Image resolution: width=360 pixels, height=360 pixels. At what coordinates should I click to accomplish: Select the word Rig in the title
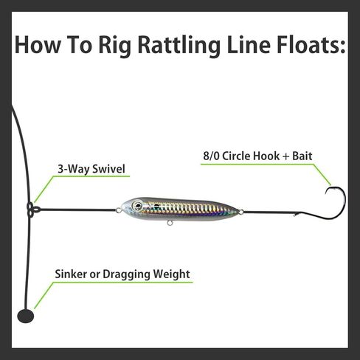[x=115, y=46]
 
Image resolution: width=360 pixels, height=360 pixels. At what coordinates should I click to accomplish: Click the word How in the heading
[x=38, y=45]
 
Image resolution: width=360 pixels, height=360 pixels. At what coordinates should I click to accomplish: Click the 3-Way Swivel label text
[x=91, y=169]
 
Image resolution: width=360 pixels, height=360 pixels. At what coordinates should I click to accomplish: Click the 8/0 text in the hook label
[x=211, y=156]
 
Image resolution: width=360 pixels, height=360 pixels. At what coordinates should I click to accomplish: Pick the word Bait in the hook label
[x=302, y=156]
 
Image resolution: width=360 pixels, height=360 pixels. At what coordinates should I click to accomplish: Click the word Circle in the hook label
[x=238, y=156]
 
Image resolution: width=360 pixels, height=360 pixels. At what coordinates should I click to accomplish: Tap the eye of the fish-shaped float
[x=136, y=206]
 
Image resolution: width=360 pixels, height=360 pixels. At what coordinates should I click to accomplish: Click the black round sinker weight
[x=26, y=316]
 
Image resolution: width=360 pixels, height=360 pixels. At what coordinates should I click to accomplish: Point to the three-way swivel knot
[x=32, y=210]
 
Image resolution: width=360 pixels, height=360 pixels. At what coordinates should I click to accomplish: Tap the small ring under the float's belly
[x=169, y=223]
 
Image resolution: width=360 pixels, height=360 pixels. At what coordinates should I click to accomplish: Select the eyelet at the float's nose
[x=119, y=210]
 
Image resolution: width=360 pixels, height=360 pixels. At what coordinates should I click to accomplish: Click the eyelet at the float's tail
[x=241, y=212]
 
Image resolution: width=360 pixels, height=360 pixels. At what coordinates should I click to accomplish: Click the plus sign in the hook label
[x=285, y=156]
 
